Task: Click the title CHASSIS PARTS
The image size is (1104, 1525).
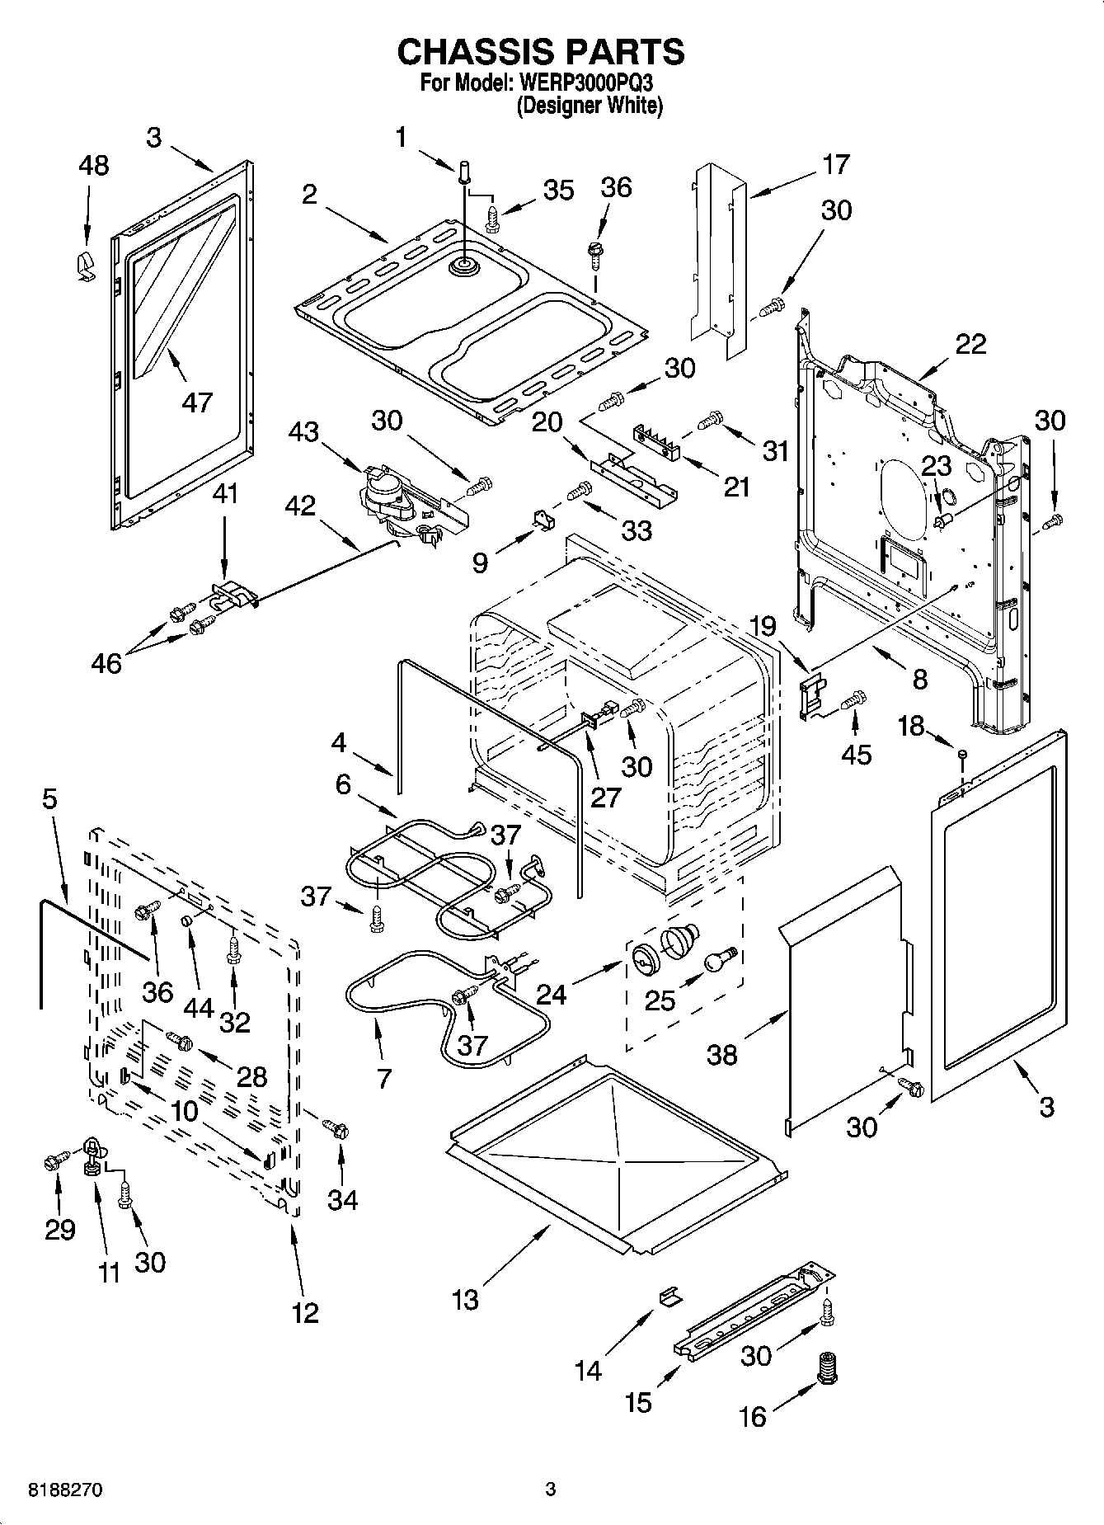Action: coord(540,51)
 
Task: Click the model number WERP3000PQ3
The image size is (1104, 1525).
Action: coord(586,82)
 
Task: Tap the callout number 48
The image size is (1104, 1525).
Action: coord(93,165)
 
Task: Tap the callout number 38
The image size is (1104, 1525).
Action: coord(722,1054)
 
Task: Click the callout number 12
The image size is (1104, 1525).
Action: coord(305,1311)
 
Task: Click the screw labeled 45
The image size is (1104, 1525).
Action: coord(855,699)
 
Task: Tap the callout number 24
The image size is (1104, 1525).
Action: coord(551,995)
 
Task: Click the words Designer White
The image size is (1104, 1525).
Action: coord(589,106)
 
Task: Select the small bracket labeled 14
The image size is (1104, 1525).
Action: coord(670,1297)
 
